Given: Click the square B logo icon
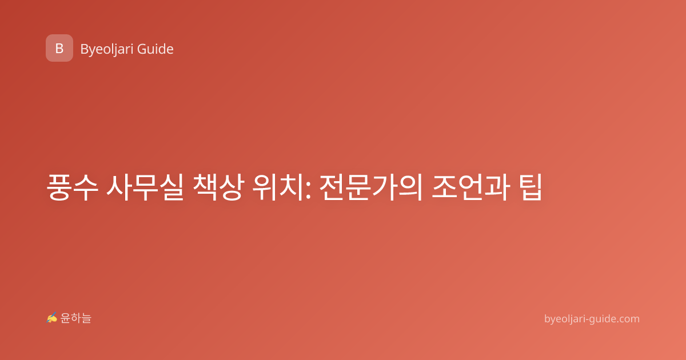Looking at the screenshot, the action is point(59,48).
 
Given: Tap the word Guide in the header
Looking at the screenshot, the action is point(155,49).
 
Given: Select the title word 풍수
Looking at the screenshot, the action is point(72,187).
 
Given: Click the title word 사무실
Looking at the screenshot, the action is point(145,187).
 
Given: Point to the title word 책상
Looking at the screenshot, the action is point(218,187).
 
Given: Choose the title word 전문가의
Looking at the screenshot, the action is point(371,187).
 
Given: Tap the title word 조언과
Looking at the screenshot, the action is point(471,187).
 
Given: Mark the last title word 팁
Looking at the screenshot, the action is point(531,187).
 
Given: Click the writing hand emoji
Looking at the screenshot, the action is point(52,318).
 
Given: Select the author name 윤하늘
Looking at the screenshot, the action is point(75,318).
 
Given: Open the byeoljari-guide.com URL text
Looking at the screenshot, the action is point(592,319).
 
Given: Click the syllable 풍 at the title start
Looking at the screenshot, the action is point(59,187).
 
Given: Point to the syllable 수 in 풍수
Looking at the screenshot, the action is point(85,187).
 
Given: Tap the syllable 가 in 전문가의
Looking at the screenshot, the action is point(384,187).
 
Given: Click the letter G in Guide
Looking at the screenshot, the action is point(142,49).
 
